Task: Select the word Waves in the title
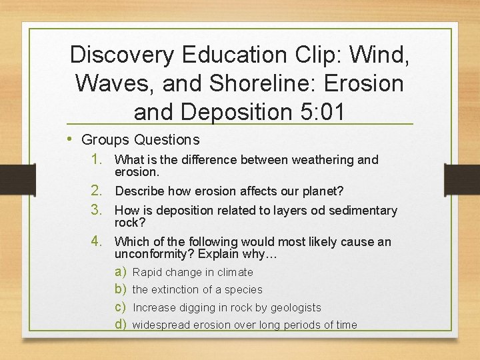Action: click(x=110, y=83)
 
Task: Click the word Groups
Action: click(x=105, y=140)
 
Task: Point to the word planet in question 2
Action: click(x=319, y=191)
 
